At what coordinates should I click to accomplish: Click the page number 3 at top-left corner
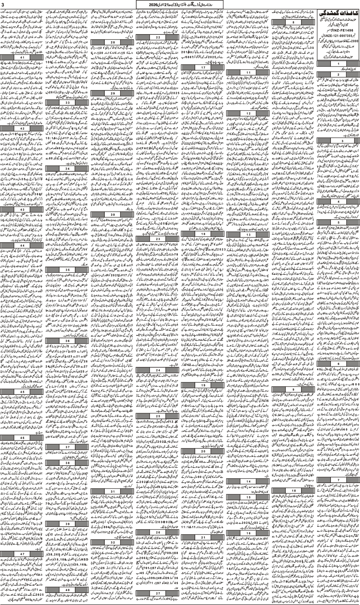(x=3, y=4)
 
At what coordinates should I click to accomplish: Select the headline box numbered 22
(x=157, y=38)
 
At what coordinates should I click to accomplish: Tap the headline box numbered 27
(x=157, y=600)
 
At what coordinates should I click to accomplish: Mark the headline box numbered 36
(x=67, y=341)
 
